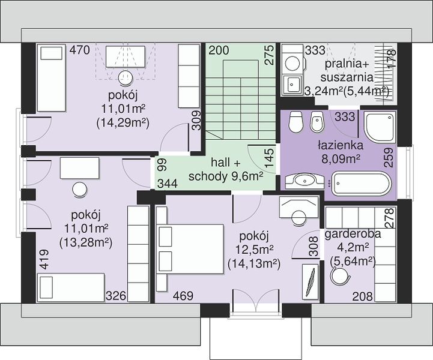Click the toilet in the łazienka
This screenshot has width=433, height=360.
(295, 122)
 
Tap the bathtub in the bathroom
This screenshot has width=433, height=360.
(361, 184)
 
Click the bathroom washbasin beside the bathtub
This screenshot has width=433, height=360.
(304, 181)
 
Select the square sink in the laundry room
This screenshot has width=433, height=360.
(292, 84)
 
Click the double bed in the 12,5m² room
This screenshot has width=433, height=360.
(190, 249)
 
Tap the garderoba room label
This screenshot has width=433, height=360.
(353, 234)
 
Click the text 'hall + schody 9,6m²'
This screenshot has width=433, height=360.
(226, 169)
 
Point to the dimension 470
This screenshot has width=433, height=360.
(79, 50)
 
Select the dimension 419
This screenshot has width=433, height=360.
(44, 259)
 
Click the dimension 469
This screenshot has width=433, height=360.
(183, 296)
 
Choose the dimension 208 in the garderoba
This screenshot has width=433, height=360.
(363, 296)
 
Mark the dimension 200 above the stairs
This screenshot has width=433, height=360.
(219, 50)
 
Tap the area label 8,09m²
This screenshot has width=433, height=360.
(341, 158)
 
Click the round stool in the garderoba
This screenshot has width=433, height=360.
(340, 277)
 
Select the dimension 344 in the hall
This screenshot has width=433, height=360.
(168, 184)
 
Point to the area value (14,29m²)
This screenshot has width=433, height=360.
(123, 123)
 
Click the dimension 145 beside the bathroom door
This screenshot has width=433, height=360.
(270, 158)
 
